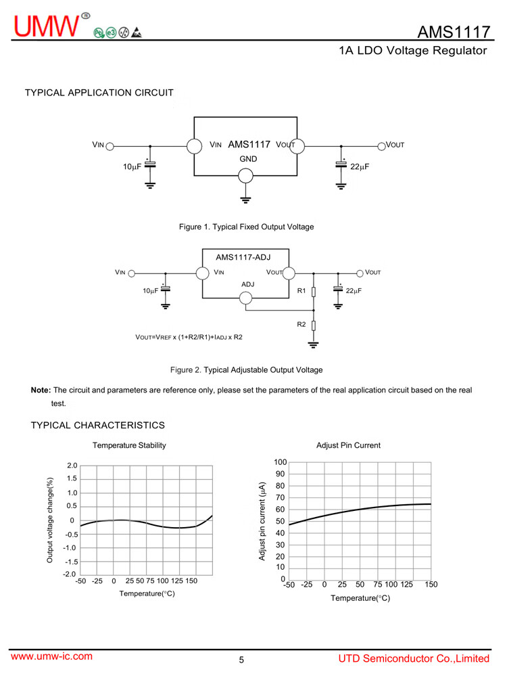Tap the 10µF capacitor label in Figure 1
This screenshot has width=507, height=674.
pyautogui.click(x=132, y=166)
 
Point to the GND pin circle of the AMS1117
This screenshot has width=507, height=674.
pyautogui.click(x=246, y=176)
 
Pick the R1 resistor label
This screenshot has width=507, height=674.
pyautogui.click(x=301, y=291)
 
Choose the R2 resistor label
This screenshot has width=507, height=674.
pyautogui.click(x=301, y=325)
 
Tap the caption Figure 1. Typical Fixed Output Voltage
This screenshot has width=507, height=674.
pyautogui.click(x=246, y=227)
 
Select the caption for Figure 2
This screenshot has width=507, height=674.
pyautogui.click(x=246, y=369)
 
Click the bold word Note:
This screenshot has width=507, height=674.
pyautogui.click(x=41, y=390)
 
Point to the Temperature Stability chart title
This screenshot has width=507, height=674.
pyautogui.click(x=128, y=445)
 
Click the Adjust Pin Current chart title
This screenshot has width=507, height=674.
pyautogui.click(x=348, y=445)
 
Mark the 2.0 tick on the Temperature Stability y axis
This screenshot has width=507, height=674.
pyautogui.click(x=72, y=466)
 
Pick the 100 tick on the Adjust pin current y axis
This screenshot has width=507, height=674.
pyautogui.click(x=281, y=462)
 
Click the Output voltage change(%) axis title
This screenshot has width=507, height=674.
pyautogui.click(x=50, y=520)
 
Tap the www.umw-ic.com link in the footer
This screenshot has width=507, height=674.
pyautogui.click(x=50, y=656)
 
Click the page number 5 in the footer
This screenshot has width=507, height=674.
pyautogui.click(x=241, y=660)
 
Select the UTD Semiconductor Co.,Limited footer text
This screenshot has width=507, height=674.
pyautogui.click(x=414, y=658)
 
